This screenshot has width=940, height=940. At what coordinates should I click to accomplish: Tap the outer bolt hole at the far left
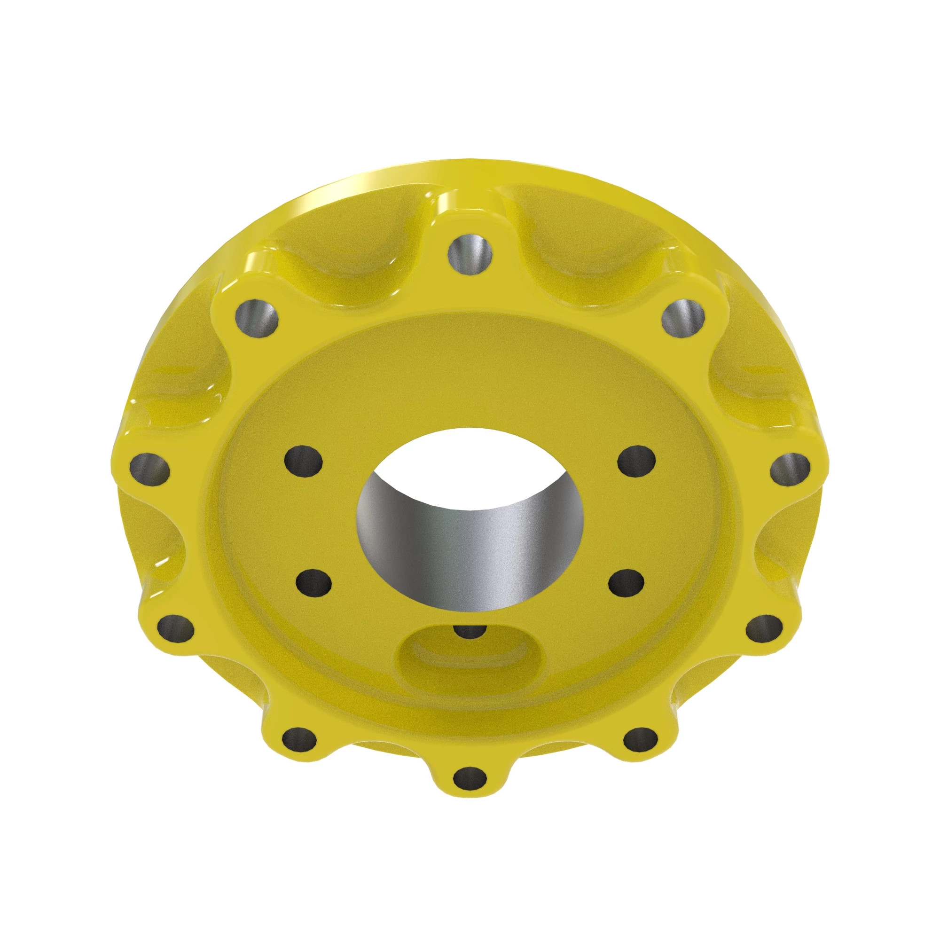[149, 470]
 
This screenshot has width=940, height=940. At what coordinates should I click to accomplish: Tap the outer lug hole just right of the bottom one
[640, 742]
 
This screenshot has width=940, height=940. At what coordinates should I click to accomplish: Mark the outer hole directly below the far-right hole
[764, 632]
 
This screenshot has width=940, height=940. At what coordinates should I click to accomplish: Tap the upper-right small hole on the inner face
[636, 460]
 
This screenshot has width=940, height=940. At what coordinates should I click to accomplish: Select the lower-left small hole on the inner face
[314, 582]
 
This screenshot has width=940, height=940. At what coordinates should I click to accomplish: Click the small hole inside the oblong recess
[469, 631]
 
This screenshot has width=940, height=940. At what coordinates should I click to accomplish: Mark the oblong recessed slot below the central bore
[470, 659]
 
